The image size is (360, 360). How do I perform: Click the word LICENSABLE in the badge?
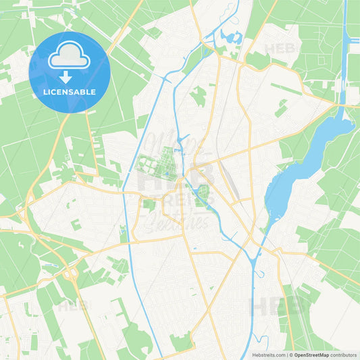coord(70,91)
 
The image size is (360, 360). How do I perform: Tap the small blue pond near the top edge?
coord(232,37)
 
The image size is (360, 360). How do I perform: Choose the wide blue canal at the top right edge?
coord(348,47)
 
